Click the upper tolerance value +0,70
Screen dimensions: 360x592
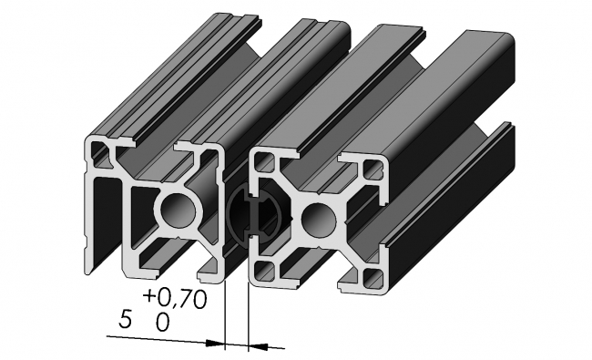[x=176, y=298]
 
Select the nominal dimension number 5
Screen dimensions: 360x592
[x=126, y=320]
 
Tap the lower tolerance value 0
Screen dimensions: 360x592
[x=162, y=321]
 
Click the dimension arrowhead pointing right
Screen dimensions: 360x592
[x=217, y=344]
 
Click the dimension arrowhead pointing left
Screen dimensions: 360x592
[x=257, y=345]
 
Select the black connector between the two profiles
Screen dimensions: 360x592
[x=246, y=215]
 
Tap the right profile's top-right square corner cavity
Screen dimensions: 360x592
[x=373, y=168]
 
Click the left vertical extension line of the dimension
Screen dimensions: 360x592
[x=224, y=310]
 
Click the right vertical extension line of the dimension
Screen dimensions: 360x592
[x=249, y=310]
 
